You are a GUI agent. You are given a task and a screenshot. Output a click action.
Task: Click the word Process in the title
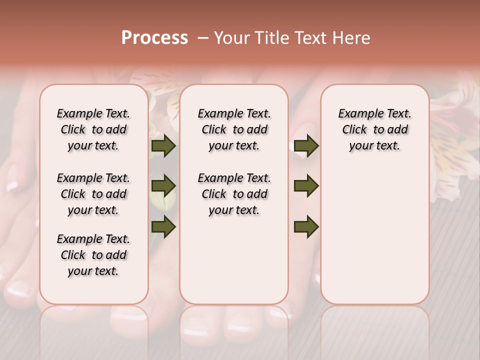point(154,38)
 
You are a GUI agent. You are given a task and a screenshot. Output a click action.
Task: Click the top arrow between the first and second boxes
point(163,146)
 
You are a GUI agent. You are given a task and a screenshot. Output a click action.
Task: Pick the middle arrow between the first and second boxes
point(163,186)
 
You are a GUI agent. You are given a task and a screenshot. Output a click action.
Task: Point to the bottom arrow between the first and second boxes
point(163,226)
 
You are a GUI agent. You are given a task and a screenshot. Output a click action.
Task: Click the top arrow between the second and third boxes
point(306,146)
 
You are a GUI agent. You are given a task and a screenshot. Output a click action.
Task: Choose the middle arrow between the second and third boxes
point(306,186)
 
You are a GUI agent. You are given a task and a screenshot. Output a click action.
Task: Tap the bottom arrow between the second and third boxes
point(306,226)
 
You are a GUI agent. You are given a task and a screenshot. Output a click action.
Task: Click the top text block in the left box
point(93,129)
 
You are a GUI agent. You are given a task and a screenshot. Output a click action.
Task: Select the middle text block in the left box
point(93,194)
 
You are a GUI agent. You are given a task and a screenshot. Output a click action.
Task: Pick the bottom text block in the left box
point(93,255)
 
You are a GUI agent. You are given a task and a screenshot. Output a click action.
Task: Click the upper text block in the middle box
point(234,129)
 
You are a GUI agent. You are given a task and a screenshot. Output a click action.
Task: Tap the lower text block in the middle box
point(234,194)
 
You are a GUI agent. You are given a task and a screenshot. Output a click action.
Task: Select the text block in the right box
point(374,129)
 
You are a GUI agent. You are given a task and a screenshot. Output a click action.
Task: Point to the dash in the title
point(203,38)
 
